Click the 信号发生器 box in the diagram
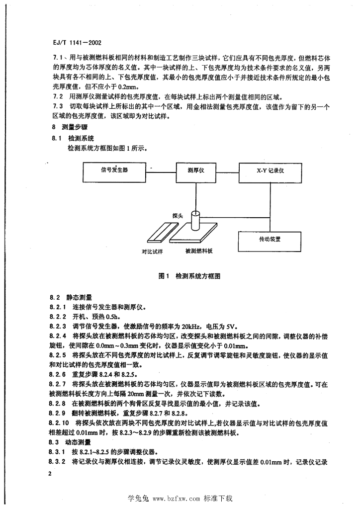[114, 170]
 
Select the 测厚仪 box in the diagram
[196, 170]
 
